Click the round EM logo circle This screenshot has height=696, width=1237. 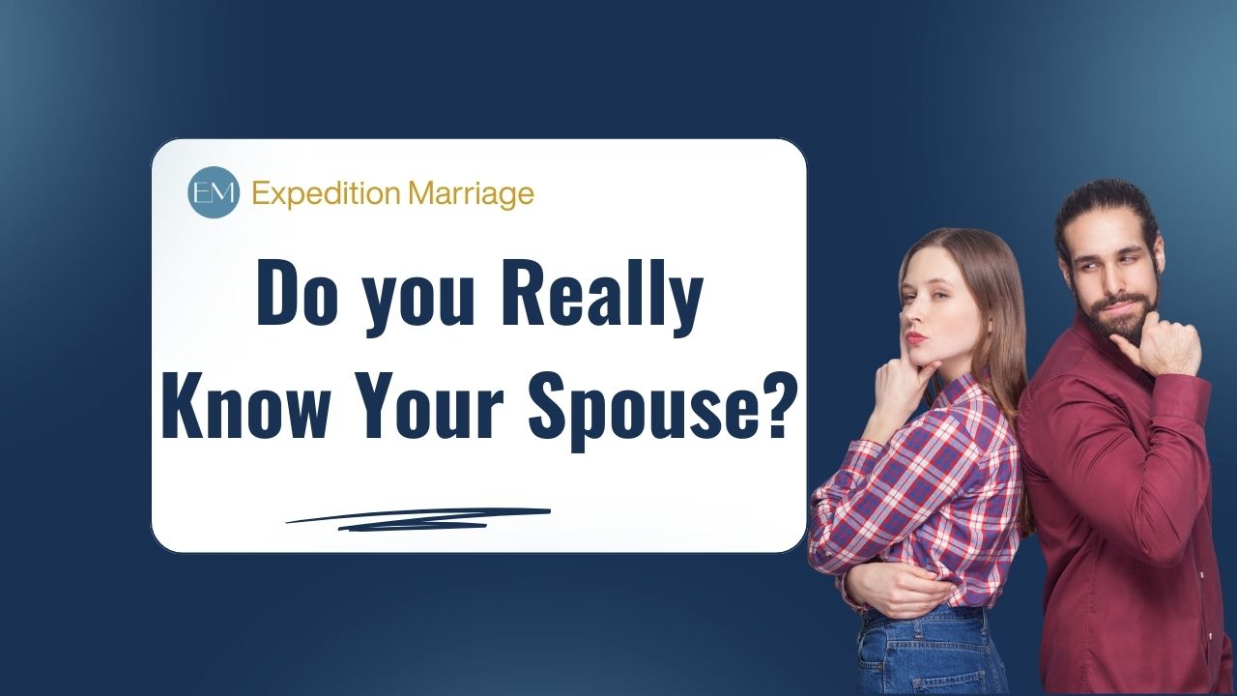click(213, 192)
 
